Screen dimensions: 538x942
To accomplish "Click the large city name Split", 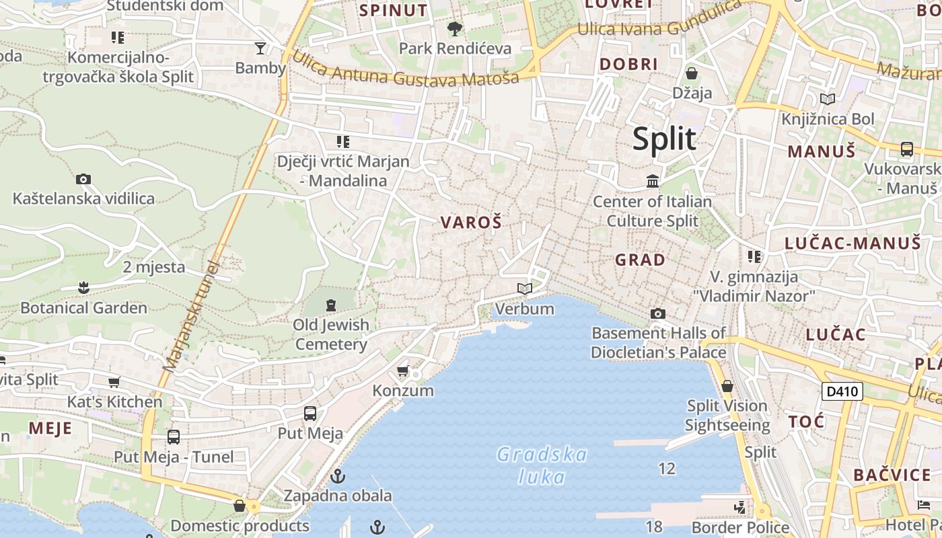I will point(664,139).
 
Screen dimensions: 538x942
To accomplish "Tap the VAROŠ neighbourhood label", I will point(471,223).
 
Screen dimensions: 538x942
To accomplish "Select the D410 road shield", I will point(842,391).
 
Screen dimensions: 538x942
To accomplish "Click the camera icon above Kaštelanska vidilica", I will point(83,179).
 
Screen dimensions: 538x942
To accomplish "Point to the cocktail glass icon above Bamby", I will point(260,48).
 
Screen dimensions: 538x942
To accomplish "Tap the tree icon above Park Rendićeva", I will point(455,28).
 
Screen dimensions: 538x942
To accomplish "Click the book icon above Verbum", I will point(525,289).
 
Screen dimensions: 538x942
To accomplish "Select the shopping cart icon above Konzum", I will point(403,371).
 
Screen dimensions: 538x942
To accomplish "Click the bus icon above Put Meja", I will point(310,413).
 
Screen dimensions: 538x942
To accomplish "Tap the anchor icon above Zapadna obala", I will point(338,476).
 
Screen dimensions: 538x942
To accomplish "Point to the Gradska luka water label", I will point(542,465).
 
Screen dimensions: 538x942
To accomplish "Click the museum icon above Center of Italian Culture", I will point(652,181).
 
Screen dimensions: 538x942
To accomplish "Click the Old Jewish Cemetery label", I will point(332,334).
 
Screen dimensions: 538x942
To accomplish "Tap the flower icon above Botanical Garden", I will point(83,288).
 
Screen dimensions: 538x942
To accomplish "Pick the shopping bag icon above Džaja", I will point(692,73).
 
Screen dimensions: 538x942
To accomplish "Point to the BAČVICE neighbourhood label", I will point(892,475).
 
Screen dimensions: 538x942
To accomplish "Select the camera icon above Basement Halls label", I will point(658,313).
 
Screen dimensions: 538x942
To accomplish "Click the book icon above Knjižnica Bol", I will point(828,99).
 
